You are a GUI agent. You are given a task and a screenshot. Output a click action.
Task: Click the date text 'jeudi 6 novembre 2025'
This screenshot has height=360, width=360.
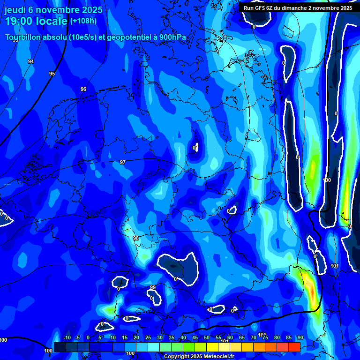tap(53, 10)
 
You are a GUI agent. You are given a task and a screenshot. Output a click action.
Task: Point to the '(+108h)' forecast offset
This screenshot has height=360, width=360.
tap(83, 21)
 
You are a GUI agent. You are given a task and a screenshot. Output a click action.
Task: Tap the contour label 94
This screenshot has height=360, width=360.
tap(31, 61)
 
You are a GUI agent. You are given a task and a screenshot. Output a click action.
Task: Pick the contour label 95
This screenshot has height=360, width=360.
tap(52, 74)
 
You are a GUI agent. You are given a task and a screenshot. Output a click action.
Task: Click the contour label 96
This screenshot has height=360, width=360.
tap(83, 89)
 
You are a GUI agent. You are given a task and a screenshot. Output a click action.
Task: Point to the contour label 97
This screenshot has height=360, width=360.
tap(123, 162)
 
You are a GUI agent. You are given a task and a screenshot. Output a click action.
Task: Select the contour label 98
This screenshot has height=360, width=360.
tap(136, 238)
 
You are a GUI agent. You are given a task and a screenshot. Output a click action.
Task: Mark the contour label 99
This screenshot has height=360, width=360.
tap(153, 287)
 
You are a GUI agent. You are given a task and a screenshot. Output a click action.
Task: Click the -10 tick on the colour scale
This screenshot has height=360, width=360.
tap(67, 337)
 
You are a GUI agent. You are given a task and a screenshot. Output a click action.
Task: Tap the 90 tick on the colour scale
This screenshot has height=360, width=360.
tap(300, 337)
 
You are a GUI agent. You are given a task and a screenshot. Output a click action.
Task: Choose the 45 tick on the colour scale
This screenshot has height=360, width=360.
tap(195, 337)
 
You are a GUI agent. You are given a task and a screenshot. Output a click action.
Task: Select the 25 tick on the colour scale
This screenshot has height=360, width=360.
tap(148, 337)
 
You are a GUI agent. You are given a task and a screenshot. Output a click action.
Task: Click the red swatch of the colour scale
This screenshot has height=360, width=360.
tap(294, 347)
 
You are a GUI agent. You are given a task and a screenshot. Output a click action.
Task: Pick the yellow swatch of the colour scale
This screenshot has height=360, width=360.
tap(212, 347)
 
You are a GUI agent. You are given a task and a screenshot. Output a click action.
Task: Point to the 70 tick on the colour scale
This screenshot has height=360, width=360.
tap(253, 337)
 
